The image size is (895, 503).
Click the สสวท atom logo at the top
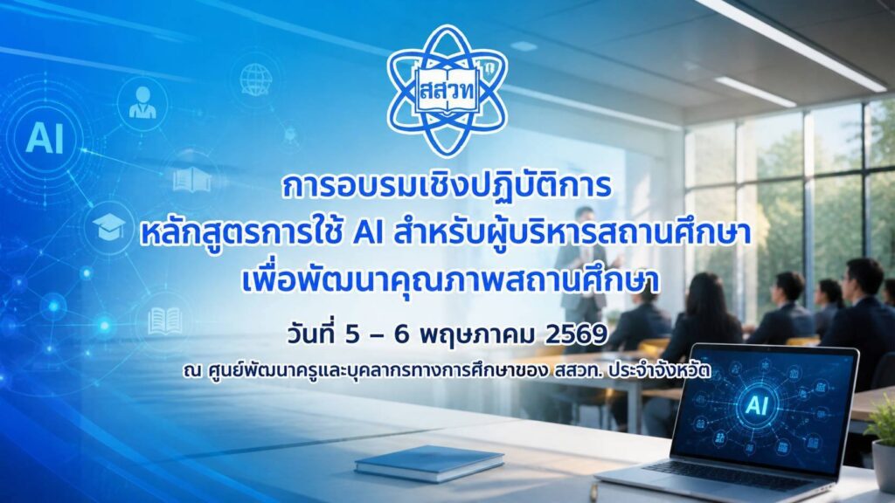[x=447, y=91]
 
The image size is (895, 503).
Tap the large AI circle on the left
[x=45, y=139]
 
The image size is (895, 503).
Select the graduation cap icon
[x=108, y=226]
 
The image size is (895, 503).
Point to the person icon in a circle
[x=142, y=103]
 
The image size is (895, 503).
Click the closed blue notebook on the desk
[x=428, y=463]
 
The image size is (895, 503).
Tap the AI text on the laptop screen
[x=757, y=405]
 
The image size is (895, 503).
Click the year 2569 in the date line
[x=576, y=335]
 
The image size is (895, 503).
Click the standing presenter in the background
[x=582, y=268]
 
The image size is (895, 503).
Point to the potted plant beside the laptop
[x=882, y=439]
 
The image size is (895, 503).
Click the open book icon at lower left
[x=164, y=321]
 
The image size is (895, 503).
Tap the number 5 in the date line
[x=352, y=335]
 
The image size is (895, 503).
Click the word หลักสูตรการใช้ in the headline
[x=243, y=234]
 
